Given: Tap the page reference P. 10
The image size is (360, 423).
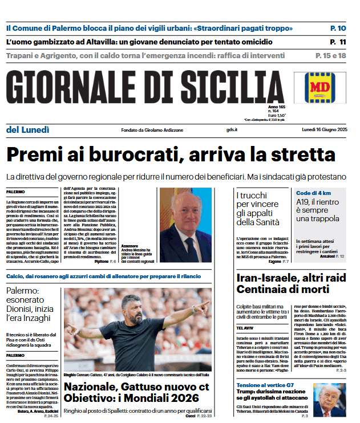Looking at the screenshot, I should pos(338,28).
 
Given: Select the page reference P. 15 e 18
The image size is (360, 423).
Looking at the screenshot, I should pos(331,55).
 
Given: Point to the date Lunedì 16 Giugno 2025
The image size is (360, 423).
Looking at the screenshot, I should pos(325,130).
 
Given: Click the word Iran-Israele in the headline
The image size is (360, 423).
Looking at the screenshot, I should pos(268,279).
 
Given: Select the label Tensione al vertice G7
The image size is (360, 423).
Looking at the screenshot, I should pos(265,385).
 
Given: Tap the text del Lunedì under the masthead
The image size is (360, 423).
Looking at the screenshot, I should pos(28,130).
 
